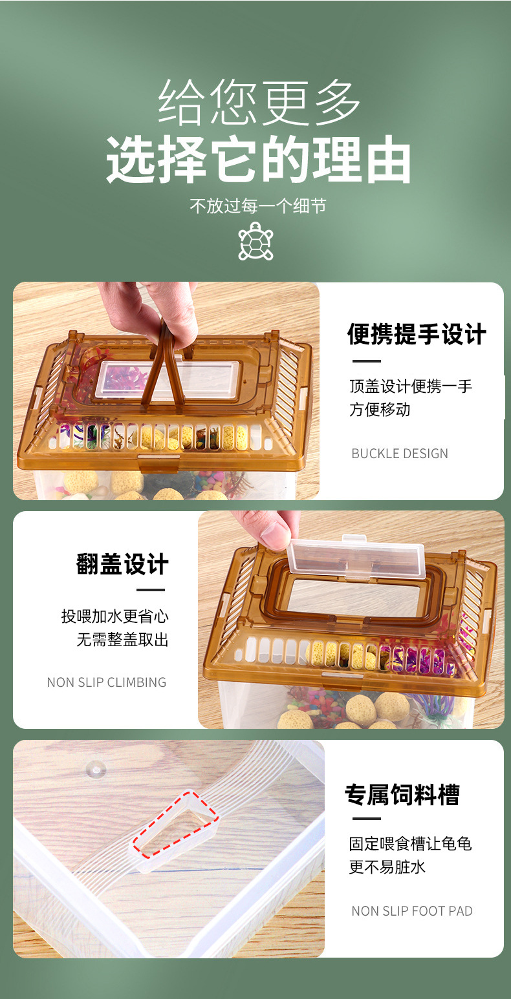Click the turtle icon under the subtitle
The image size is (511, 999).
pyautogui.click(x=255, y=242)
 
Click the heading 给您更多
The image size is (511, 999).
pyautogui.click(x=259, y=103)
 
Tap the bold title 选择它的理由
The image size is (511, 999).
pyautogui.click(x=259, y=160)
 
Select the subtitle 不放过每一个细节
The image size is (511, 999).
pyautogui.click(x=257, y=206)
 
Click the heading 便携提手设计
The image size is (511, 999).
pyautogui.click(x=417, y=335)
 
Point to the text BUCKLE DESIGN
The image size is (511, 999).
pyautogui.click(x=399, y=454)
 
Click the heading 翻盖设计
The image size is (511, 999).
pyautogui.click(x=122, y=564)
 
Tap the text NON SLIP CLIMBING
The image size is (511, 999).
pyautogui.click(x=107, y=682)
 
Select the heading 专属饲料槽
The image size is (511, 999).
pyautogui.click(x=402, y=794)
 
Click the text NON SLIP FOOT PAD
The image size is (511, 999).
pyautogui.click(x=412, y=911)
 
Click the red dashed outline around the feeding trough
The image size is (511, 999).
pyautogui.click(x=175, y=825)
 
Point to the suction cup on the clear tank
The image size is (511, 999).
pyautogui.click(x=96, y=769)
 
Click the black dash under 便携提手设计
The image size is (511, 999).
pyautogui.click(x=366, y=361)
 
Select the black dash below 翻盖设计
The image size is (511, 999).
pyautogui.click(x=151, y=590)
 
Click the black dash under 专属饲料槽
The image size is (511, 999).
pyautogui.click(x=366, y=819)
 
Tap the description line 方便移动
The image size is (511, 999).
pyautogui.click(x=380, y=410)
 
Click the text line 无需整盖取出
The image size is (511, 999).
pyautogui.click(x=123, y=640)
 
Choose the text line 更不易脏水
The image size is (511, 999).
pyautogui.click(x=387, y=867)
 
